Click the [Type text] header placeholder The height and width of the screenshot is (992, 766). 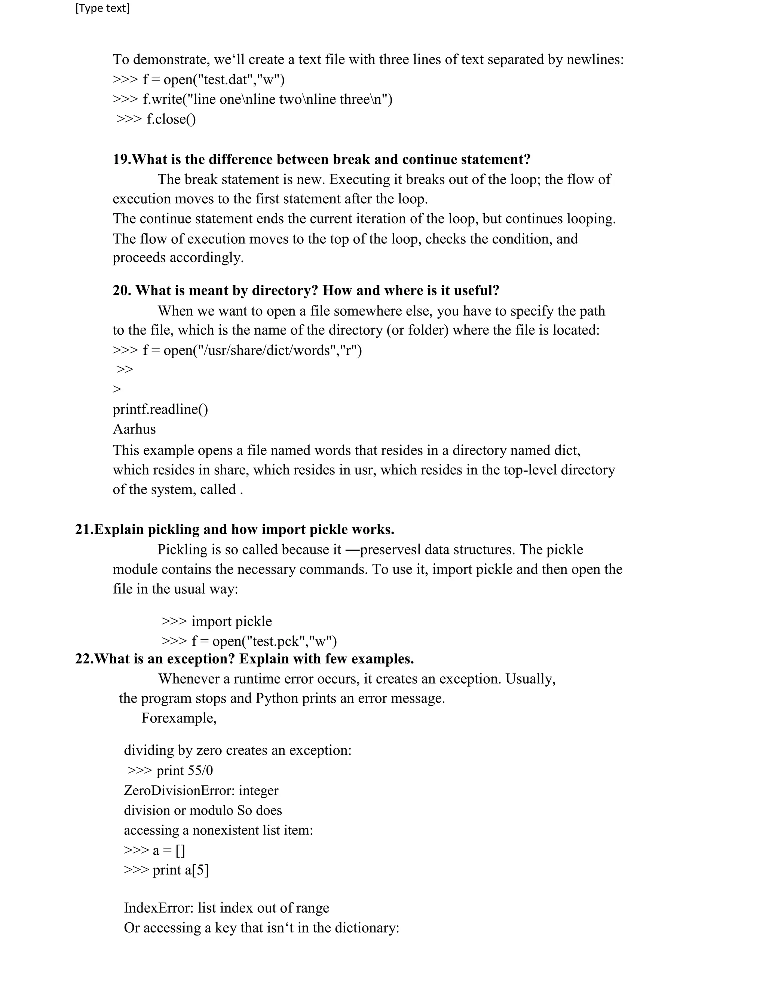coord(102,9)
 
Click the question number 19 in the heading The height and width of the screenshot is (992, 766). coord(121,159)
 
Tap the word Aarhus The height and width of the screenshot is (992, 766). coord(134,429)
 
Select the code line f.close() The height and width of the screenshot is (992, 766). coord(171,119)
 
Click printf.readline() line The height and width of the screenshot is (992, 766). coord(160,409)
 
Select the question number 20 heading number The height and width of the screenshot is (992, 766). coord(122,291)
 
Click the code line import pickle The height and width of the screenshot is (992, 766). coord(232,621)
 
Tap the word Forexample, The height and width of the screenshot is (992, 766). coord(179,718)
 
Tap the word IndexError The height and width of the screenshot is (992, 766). coord(158,908)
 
